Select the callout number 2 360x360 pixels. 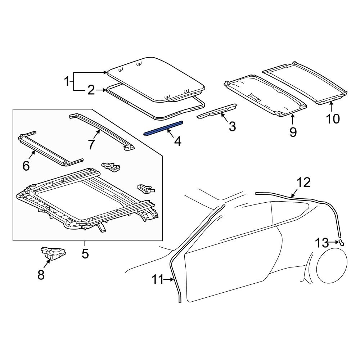click(91, 90)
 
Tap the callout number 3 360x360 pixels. click(232, 126)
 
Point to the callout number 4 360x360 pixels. click(177, 141)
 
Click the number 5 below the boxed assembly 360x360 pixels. click(85, 254)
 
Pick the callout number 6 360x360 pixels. click(26, 165)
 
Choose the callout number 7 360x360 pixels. click(91, 144)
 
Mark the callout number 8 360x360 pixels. click(41, 275)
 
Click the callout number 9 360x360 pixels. click(293, 132)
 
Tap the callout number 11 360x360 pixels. click(158, 279)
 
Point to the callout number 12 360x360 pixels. click(303, 183)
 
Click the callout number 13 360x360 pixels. click(323, 243)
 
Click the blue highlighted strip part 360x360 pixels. click(163, 128)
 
